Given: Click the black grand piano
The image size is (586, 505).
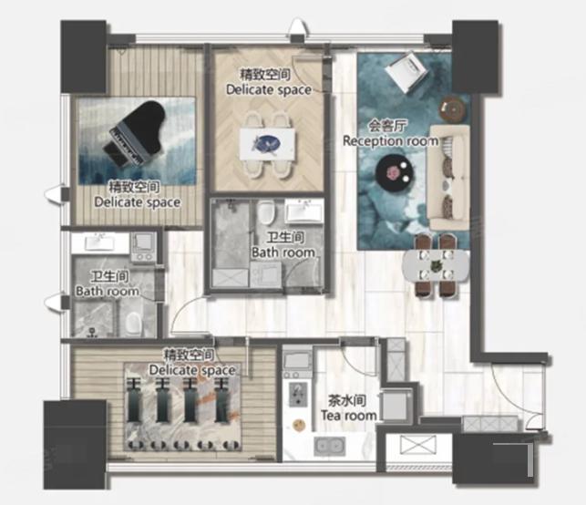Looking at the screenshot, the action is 134,133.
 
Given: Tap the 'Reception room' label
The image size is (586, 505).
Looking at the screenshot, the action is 391,141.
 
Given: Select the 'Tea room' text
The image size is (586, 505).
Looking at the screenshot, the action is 349,416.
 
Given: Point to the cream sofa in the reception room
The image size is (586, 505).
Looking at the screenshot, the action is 449,178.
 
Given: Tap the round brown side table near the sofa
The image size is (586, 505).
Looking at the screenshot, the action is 454,109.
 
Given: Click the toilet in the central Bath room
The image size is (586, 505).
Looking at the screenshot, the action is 266,212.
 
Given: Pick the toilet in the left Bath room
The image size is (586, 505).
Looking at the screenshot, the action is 133,323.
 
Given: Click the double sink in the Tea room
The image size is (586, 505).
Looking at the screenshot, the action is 329,446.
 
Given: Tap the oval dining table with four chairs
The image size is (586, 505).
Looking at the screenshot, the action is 436,265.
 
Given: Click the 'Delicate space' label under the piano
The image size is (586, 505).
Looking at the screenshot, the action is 138,202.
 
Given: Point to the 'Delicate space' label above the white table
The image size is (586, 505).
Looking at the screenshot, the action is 269,89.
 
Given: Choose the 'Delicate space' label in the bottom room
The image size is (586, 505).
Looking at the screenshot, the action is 192,370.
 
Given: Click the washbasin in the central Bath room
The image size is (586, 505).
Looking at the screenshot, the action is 304,211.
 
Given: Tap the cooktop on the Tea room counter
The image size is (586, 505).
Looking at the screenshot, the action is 298,394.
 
